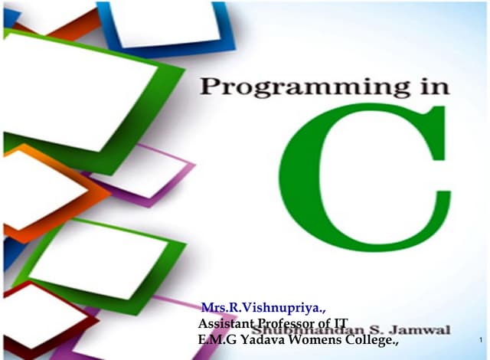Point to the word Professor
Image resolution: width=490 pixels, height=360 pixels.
(x=278, y=325)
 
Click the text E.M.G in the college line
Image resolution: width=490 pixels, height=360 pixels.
(x=212, y=339)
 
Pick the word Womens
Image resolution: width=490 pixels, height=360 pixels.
(x=309, y=339)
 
